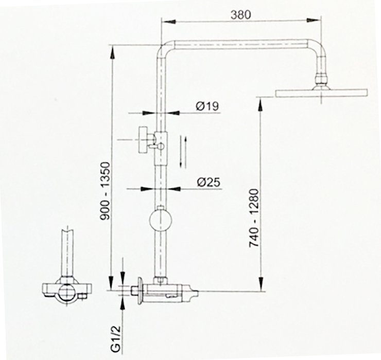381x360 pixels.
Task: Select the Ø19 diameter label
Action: point(207,106)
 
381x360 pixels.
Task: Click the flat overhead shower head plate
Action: point(322,93)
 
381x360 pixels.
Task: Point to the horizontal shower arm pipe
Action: point(242,44)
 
